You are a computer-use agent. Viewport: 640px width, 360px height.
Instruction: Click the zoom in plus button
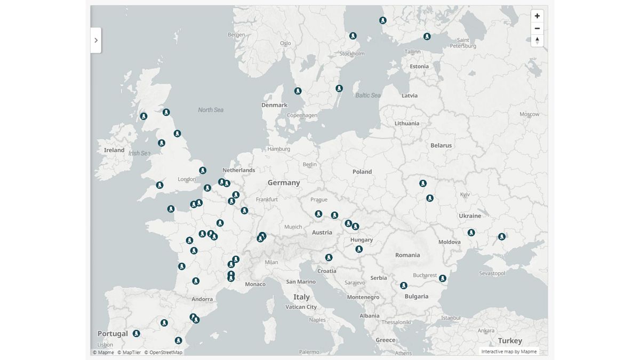pyautogui.click(x=537, y=16)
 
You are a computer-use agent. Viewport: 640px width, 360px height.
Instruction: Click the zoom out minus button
pyautogui.click(x=537, y=28)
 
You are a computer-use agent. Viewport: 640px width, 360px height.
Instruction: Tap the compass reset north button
pyautogui.click(x=537, y=41)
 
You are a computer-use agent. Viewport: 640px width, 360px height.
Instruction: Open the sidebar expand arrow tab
pyautogui.click(x=96, y=40)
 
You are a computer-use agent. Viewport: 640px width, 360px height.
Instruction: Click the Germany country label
pyautogui.click(x=284, y=182)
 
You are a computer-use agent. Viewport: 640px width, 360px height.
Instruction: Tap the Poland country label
pyautogui.click(x=362, y=172)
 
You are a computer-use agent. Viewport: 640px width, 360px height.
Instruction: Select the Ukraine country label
pyautogui.click(x=470, y=216)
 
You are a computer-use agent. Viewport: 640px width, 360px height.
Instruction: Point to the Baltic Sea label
pyautogui.click(x=368, y=95)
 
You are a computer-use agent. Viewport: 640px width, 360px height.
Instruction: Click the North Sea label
pyautogui.click(x=211, y=110)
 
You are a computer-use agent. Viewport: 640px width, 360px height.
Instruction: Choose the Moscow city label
pyautogui.click(x=529, y=114)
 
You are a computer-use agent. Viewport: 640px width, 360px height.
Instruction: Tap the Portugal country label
pyautogui.click(x=113, y=334)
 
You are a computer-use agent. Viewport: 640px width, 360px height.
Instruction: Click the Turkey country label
pyautogui.click(x=510, y=341)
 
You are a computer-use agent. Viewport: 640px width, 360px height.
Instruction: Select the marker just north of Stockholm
pyautogui.click(x=353, y=36)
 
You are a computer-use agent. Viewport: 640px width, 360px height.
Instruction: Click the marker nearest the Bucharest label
pyautogui.click(x=443, y=278)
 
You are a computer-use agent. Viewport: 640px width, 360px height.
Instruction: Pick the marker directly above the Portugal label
pyautogui.click(x=137, y=333)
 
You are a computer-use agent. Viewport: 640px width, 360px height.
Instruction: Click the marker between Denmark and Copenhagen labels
pyautogui.click(x=298, y=91)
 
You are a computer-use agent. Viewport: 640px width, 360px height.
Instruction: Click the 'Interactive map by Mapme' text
pyautogui.click(x=509, y=351)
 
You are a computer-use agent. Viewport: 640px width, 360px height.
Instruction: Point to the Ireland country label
pyautogui.click(x=114, y=150)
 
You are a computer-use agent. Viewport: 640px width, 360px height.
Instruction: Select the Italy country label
pyautogui.click(x=301, y=297)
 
